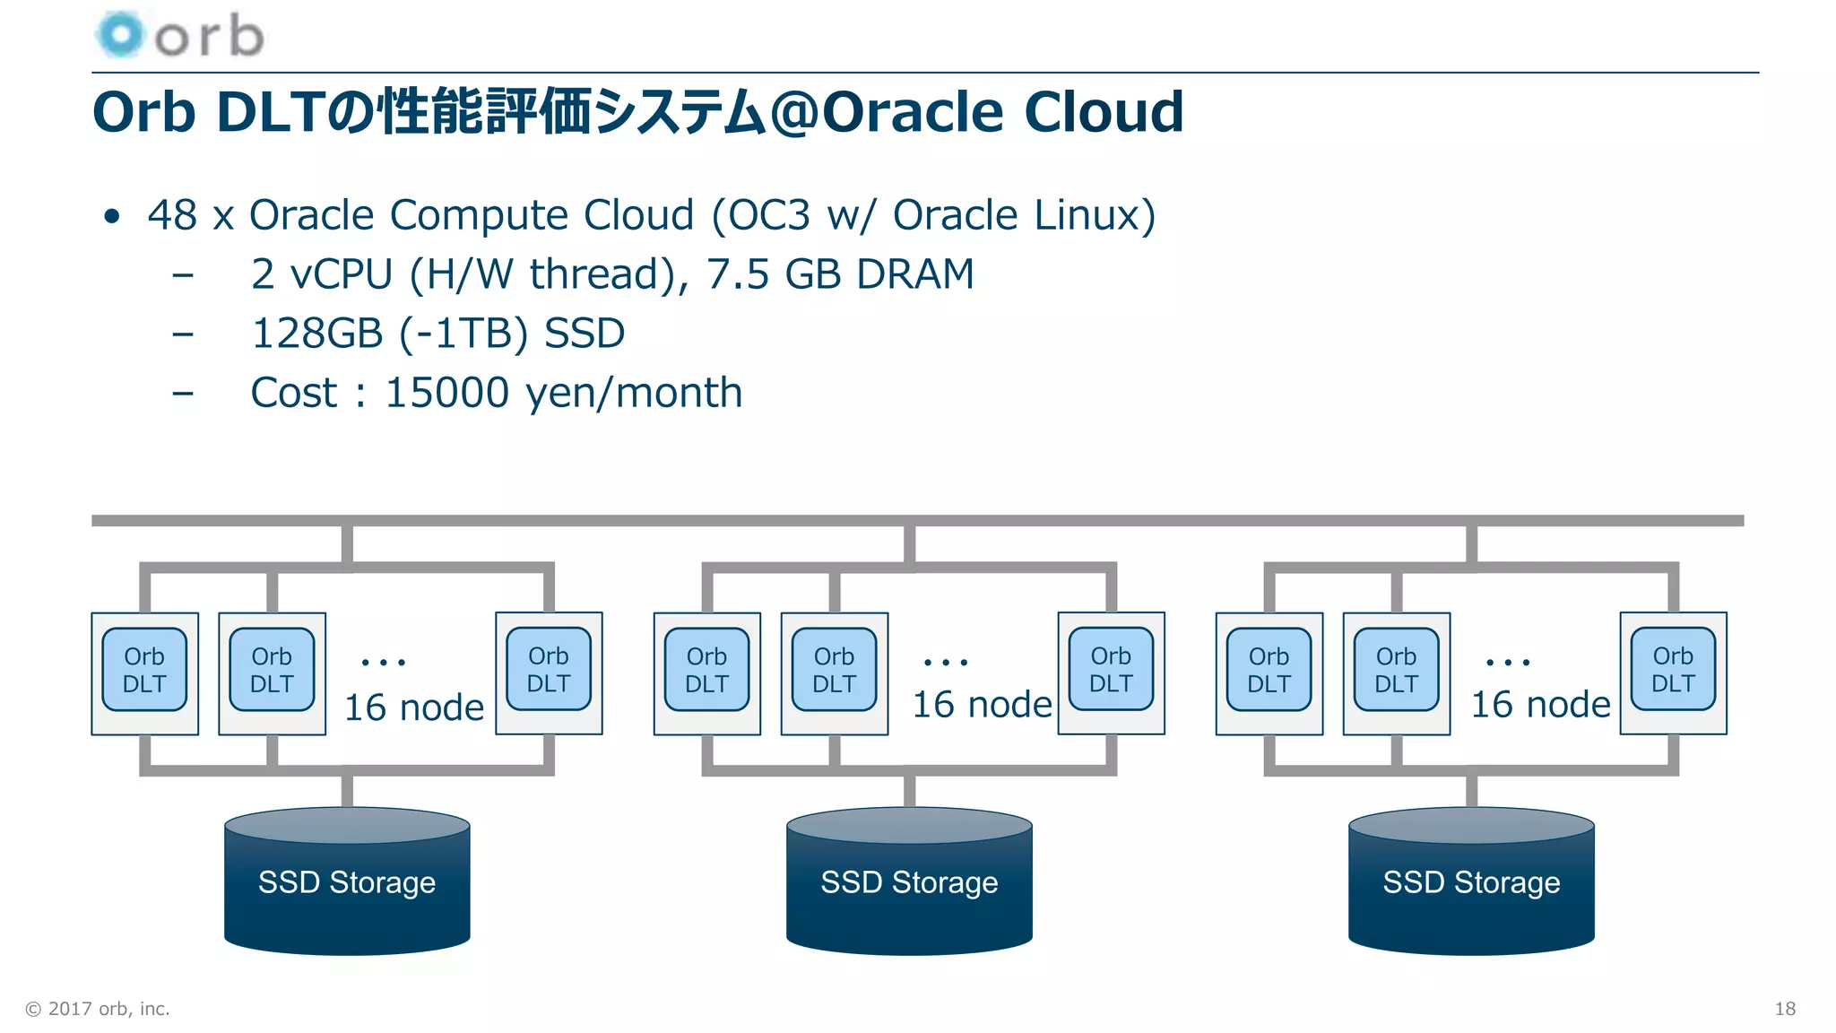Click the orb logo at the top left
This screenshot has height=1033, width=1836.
(x=179, y=36)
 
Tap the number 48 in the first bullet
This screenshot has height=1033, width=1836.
(x=172, y=215)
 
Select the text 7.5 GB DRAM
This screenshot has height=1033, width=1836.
(x=840, y=274)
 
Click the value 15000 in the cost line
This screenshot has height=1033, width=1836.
(x=446, y=393)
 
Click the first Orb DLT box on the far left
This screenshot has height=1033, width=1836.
(x=144, y=671)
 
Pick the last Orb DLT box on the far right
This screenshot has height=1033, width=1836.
(x=1673, y=671)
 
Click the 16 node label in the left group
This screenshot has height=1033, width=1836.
(x=414, y=707)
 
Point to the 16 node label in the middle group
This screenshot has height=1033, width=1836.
(x=982, y=705)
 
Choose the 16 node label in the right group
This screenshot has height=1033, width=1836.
(x=1540, y=705)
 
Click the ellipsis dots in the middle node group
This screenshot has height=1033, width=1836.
(x=946, y=663)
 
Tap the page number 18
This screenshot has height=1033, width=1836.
(x=1784, y=1009)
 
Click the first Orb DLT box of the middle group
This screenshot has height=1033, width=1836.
(x=706, y=671)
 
